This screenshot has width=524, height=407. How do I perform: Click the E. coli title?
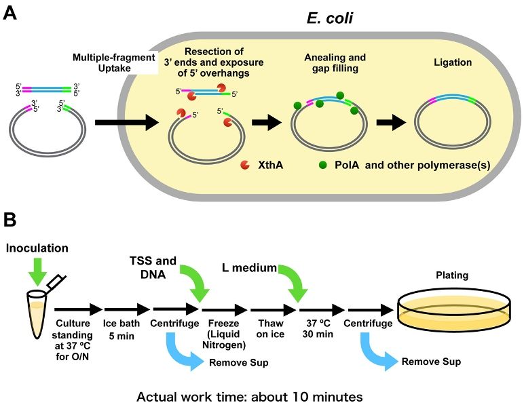point(329,18)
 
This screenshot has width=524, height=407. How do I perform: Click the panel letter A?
point(10,14)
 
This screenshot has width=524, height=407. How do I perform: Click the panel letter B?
point(10,220)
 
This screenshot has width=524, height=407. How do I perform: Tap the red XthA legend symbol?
point(245,165)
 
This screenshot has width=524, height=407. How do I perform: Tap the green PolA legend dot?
point(323,165)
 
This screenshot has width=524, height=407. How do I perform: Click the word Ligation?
point(453,62)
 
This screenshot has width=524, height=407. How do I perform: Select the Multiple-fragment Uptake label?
point(114,63)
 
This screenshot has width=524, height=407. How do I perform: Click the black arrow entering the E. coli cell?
point(127,123)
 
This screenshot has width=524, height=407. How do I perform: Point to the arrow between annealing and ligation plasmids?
point(392,122)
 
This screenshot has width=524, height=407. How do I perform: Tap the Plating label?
point(452,275)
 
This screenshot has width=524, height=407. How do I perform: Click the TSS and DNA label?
point(153,267)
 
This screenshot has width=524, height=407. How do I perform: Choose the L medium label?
point(249,268)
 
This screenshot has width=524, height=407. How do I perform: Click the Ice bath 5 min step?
point(121,329)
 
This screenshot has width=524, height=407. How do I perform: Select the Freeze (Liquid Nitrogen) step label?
point(224,334)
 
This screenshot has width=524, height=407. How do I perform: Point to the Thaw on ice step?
point(270,328)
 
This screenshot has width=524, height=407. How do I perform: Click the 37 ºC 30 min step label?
point(318,328)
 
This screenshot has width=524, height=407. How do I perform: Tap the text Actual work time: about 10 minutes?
point(250,397)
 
